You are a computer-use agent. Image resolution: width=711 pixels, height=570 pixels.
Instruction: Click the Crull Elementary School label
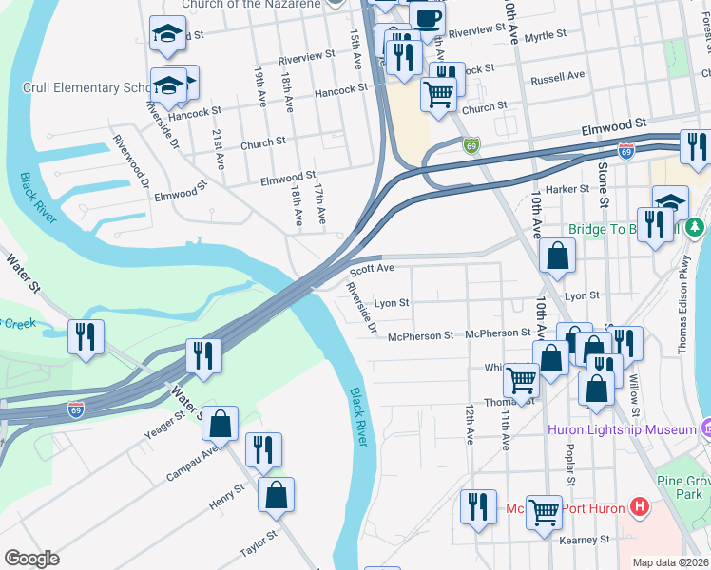[x=86, y=87]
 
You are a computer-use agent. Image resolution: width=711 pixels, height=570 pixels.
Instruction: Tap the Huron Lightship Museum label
[x=622, y=429]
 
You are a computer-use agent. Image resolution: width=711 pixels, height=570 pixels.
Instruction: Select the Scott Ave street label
[x=372, y=269]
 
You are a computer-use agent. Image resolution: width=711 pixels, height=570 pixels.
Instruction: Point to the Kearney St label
[x=584, y=540]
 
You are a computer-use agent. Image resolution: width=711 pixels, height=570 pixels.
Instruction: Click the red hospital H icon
[x=640, y=506]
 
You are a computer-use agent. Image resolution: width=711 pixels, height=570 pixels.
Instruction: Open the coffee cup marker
[x=426, y=16]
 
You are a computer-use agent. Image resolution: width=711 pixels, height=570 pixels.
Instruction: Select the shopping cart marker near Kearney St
[x=544, y=511]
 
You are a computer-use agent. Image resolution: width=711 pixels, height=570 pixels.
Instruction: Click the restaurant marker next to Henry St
[x=263, y=449]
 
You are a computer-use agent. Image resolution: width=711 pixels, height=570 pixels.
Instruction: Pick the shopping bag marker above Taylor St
[x=276, y=494]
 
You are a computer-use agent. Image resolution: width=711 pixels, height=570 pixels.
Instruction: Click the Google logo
[x=31, y=559]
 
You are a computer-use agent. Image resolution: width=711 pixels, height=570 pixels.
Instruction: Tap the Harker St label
[x=568, y=189]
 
